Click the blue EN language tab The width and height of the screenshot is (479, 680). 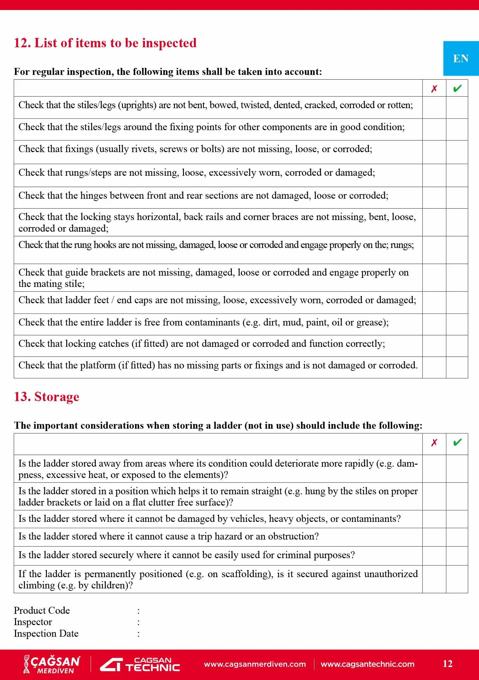pyautogui.click(x=461, y=59)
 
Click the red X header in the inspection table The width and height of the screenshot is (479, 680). pyautogui.click(x=434, y=89)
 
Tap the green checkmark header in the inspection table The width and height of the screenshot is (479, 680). pyautogui.click(x=457, y=89)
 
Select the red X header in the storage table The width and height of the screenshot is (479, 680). pyautogui.click(x=434, y=443)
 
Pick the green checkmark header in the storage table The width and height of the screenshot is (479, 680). pyautogui.click(x=457, y=443)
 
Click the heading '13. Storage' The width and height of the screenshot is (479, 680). pyautogui.click(x=47, y=397)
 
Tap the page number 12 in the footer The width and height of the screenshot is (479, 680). pyautogui.click(x=447, y=664)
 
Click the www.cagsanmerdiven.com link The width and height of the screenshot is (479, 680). pyautogui.click(x=255, y=664)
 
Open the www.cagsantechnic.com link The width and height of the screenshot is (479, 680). pyautogui.click(x=368, y=664)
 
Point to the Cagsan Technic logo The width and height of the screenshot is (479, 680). pyautogui.click(x=140, y=664)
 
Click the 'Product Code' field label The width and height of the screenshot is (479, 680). pyautogui.click(x=42, y=610)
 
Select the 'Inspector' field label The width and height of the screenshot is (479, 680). pyautogui.click(x=33, y=622)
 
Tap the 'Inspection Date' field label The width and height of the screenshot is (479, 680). pyautogui.click(x=46, y=633)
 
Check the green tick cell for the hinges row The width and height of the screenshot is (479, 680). pyautogui.click(x=457, y=198)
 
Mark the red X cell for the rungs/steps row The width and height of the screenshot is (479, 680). pyautogui.click(x=434, y=175)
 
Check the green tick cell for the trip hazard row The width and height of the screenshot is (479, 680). pyautogui.click(x=457, y=537)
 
